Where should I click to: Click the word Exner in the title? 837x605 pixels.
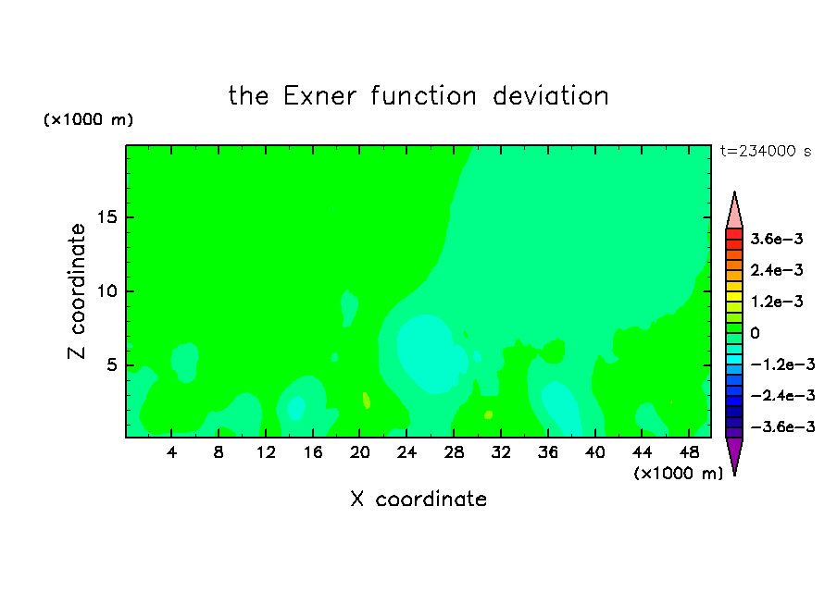tap(319, 96)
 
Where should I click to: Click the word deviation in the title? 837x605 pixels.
tap(551, 96)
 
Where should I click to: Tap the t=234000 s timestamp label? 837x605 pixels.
tap(766, 152)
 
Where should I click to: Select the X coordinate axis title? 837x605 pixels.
tap(418, 499)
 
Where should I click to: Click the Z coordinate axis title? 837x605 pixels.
tap(76, 291)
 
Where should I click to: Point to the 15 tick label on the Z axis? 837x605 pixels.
tap(107, 217)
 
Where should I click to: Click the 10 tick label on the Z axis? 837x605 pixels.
tap(107, 291)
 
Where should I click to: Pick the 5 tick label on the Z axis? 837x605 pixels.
tap(111, 364)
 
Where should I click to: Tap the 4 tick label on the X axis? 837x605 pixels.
tap(171, 452)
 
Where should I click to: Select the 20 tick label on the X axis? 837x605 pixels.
tap(360, 452)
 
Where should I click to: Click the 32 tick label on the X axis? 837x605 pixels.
tap(501, 452)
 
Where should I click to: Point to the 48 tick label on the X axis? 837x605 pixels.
tap(689, 452)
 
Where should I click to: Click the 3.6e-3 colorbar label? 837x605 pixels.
tap(777, 239)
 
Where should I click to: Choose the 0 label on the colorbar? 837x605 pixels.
tap(755, 333)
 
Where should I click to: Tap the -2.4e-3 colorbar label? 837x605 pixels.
tap(782, 395)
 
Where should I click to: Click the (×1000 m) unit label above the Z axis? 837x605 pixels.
tap(88, 119)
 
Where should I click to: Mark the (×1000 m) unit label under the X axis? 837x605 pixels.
tap(678, 474)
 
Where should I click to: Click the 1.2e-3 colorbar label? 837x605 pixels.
tap(777, 302)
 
